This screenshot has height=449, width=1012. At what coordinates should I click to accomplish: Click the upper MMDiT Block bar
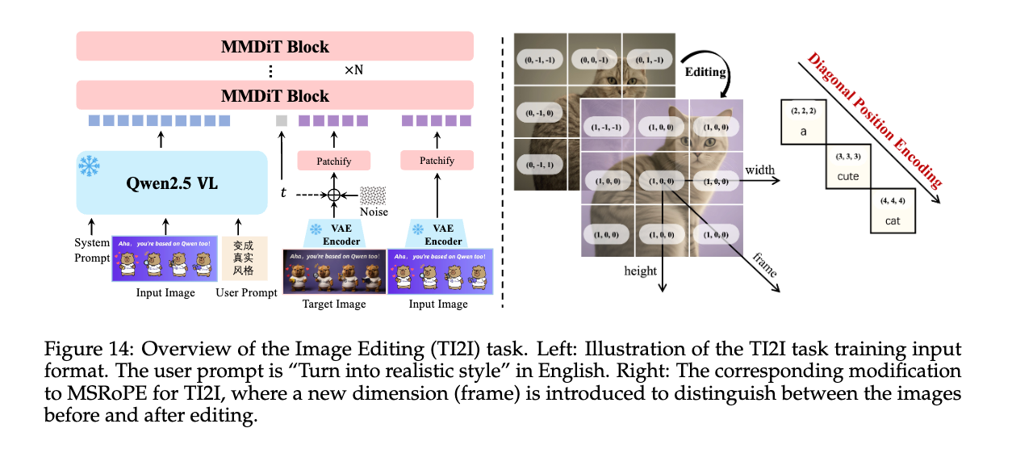(x=275, y=46)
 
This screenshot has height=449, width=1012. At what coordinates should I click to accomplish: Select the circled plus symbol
(x=332, y=195)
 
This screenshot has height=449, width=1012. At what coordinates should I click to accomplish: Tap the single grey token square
(x=282, y=120)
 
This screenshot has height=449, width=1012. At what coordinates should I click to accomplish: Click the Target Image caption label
(x=333, y=304)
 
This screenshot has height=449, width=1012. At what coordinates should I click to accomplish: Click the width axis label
(x=760, y=170)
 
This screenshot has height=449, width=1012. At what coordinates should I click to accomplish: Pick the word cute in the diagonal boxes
(x=847, y=176)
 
